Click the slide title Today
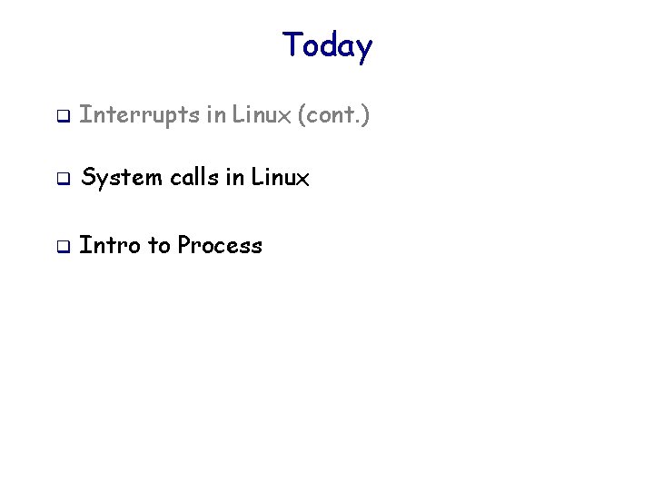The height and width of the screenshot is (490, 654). click(x=327, y=45)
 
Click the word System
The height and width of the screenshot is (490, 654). click(x=121, y=179)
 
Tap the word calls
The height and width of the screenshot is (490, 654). click(x=193, y=179)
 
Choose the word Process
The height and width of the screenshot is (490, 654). click(x=220, y=245)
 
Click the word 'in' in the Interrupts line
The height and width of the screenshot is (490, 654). click(x=216, y=115)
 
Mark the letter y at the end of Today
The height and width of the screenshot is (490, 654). click(x=363, y=48)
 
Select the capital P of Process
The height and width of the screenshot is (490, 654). click(x=184, y=245)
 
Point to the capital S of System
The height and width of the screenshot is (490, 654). click(x=88, y=179)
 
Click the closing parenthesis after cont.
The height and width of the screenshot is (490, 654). click(x=365, y=116)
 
